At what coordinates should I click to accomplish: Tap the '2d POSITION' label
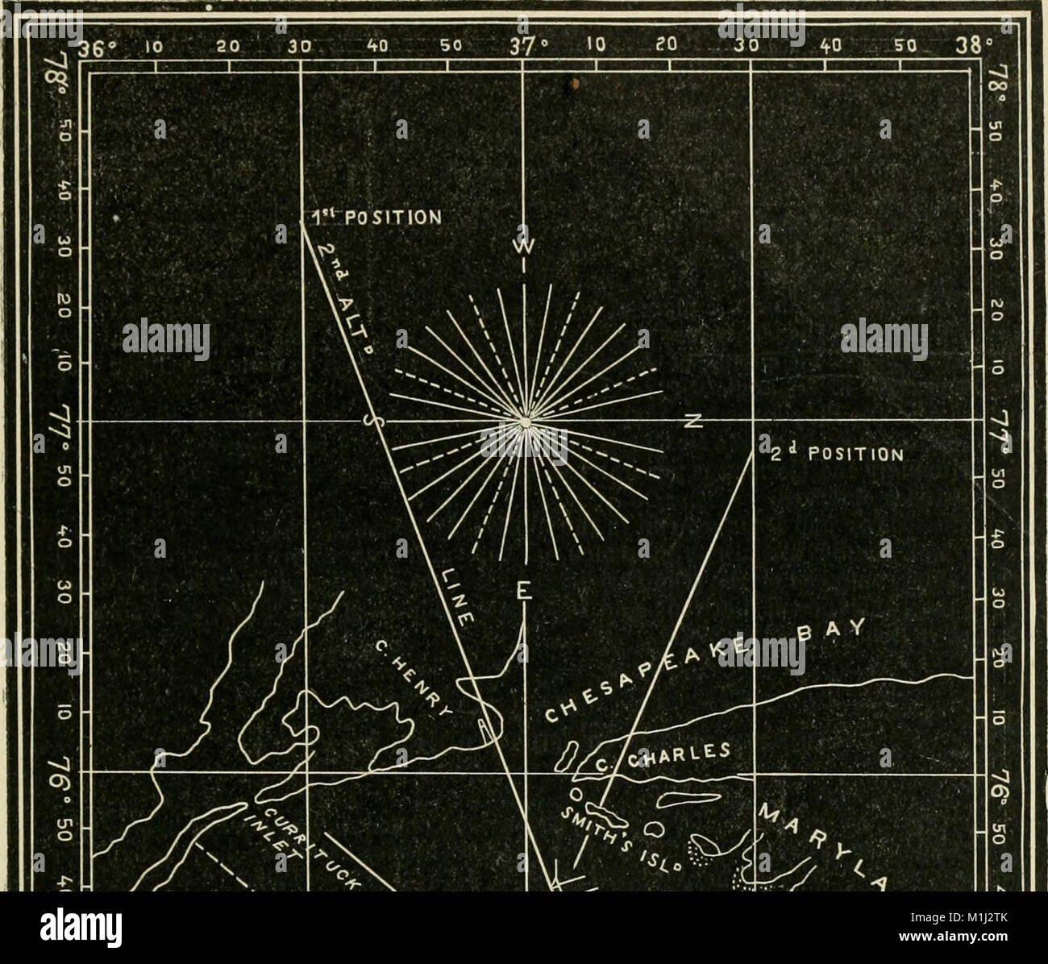834,452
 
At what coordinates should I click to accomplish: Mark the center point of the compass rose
525,422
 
